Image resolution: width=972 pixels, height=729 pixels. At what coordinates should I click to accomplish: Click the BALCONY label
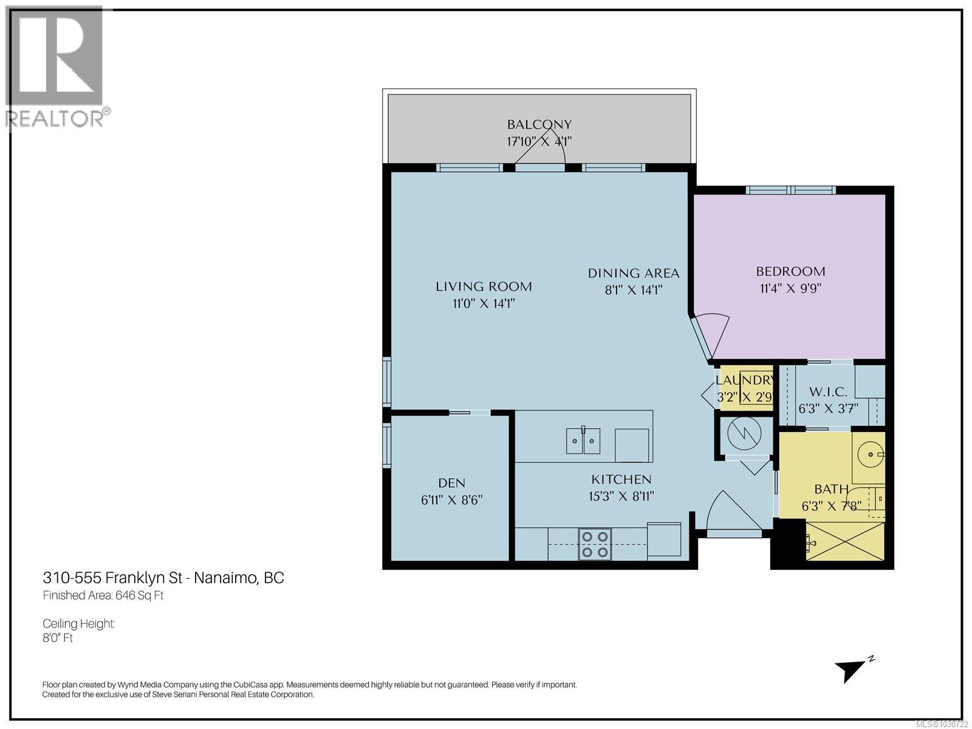point(539,125)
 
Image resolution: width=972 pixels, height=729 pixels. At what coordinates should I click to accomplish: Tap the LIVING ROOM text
point(484,286)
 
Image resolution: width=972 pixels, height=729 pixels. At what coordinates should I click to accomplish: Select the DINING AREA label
point(633,273)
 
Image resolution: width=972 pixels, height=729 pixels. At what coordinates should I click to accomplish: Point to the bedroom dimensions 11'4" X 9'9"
point(790,289)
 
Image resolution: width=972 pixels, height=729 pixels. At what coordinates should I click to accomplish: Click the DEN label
point(451,483)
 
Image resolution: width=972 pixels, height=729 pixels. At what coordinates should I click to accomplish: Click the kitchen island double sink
point(583,440)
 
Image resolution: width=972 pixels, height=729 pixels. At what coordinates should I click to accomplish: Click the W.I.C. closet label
point(827,392)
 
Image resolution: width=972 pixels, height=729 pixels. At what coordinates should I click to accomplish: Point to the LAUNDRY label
point(744,381)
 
